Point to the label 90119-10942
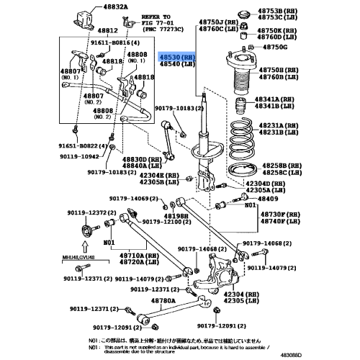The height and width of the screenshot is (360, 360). click(x=80, y=155)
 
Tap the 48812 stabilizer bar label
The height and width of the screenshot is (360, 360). click(x=108, y=31)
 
